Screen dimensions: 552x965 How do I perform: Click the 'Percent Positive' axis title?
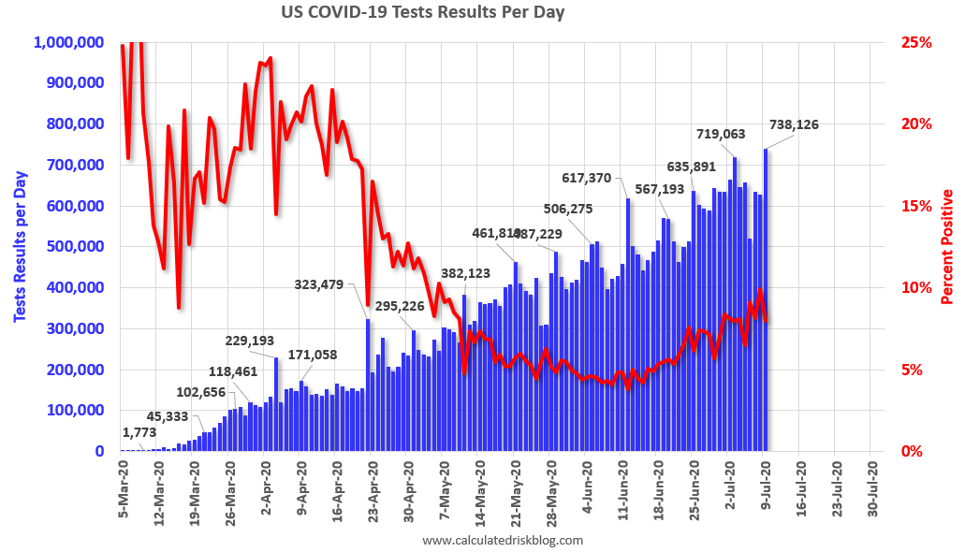(946, 247)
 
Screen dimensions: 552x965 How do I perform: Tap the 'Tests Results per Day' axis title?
(19, 247)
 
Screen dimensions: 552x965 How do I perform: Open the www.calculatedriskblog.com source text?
(503, 540)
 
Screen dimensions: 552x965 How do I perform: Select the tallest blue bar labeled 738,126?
(766, 299)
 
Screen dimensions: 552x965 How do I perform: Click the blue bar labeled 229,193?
(276, 404)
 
